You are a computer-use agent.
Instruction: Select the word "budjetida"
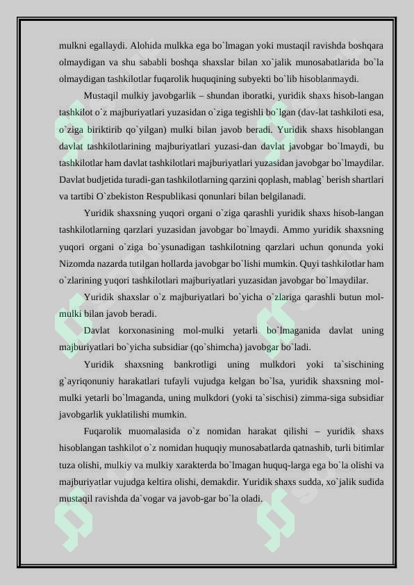coord(107,179)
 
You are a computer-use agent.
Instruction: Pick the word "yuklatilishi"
coord(133,414)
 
